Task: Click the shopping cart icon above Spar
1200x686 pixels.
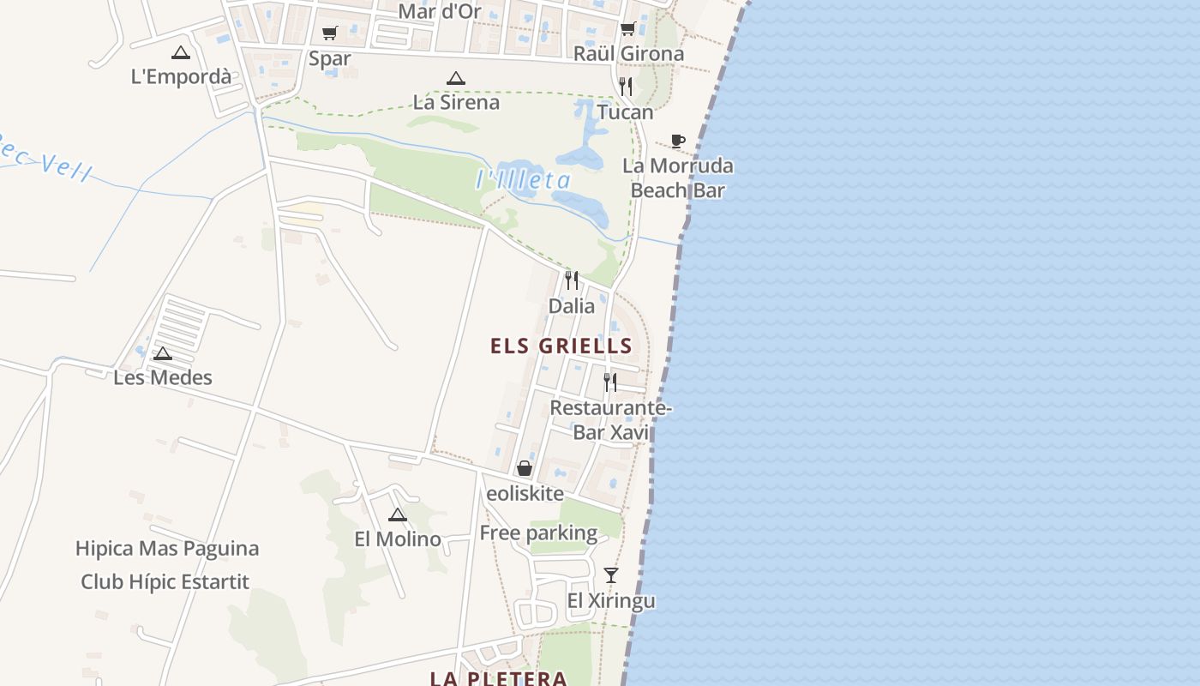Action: coord(329,33)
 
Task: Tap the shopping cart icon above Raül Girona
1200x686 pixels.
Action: coord(627,29)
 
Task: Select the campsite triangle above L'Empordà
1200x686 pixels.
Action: coord(180,52)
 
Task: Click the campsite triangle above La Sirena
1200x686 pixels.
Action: coord(456,78)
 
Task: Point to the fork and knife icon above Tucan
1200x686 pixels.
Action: coord(626,87)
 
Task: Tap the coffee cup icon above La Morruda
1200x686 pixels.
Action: coord(678,141)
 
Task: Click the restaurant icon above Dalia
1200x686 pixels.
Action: coord(572,280)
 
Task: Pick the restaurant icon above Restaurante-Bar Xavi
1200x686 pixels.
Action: coord(609,382)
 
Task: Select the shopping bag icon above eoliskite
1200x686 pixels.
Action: coord(525,468)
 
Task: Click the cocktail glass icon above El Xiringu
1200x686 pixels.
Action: coord(610,575)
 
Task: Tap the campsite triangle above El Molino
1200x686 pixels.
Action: coord(397,514)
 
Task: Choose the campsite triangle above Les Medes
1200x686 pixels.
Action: coord(163,353)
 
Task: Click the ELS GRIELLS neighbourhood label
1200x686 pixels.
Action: coord(561,346)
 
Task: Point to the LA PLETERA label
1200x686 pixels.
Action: coord(498,678)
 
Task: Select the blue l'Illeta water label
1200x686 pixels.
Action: coord(523,180)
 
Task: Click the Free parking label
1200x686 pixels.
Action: coord(538,533)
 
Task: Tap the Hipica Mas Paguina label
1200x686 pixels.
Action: coord(167,549)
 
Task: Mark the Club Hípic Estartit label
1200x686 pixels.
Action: coord(165,582)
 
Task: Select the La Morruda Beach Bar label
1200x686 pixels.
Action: coord(677,178)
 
